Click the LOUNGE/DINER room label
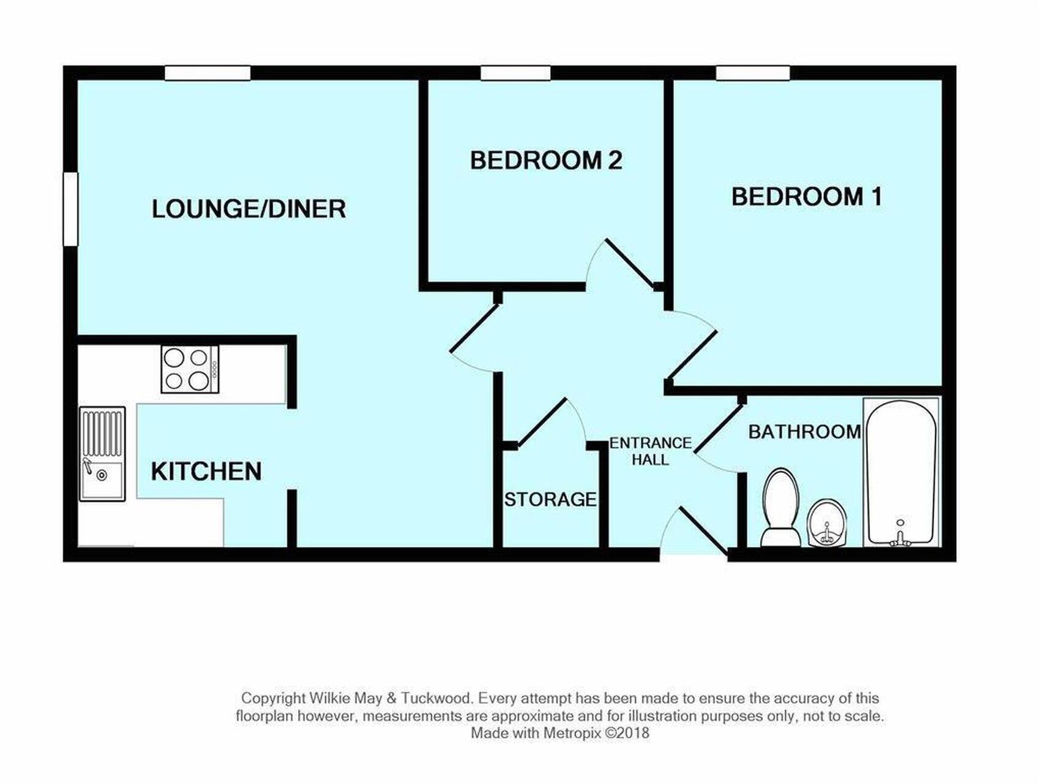(x=249, y=209)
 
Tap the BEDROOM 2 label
(x=546, y=160)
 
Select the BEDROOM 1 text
(x=807, y=197)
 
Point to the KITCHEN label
(x=206, y=472)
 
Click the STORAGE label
(x=550, y=500)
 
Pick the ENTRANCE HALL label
(x=650, y=451)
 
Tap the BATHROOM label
(x=804, y=432)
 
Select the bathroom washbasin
(x=828, y=523)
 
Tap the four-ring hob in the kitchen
(x=190, y=369)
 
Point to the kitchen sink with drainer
(x=102, y=454)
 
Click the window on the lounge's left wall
(x=71, y=209)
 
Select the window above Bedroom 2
(x=515, y=73)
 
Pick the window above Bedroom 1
(x=753, y=73)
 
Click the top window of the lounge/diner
(x=208, y=73)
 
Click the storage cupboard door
(x=542, y=423)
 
